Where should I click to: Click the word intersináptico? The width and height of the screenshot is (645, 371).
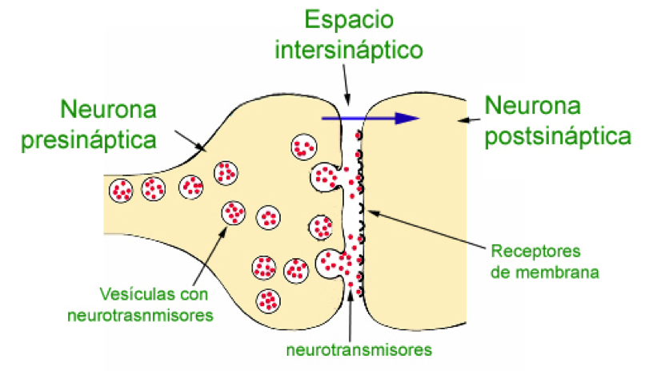349,50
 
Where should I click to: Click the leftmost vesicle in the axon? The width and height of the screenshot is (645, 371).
122,190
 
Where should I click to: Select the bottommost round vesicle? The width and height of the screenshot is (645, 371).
268,301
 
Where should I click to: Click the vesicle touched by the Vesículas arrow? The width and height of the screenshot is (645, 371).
233,212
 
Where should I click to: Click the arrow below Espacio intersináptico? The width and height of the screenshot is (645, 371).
345,88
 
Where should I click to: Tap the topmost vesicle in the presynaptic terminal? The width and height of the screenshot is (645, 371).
302,147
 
